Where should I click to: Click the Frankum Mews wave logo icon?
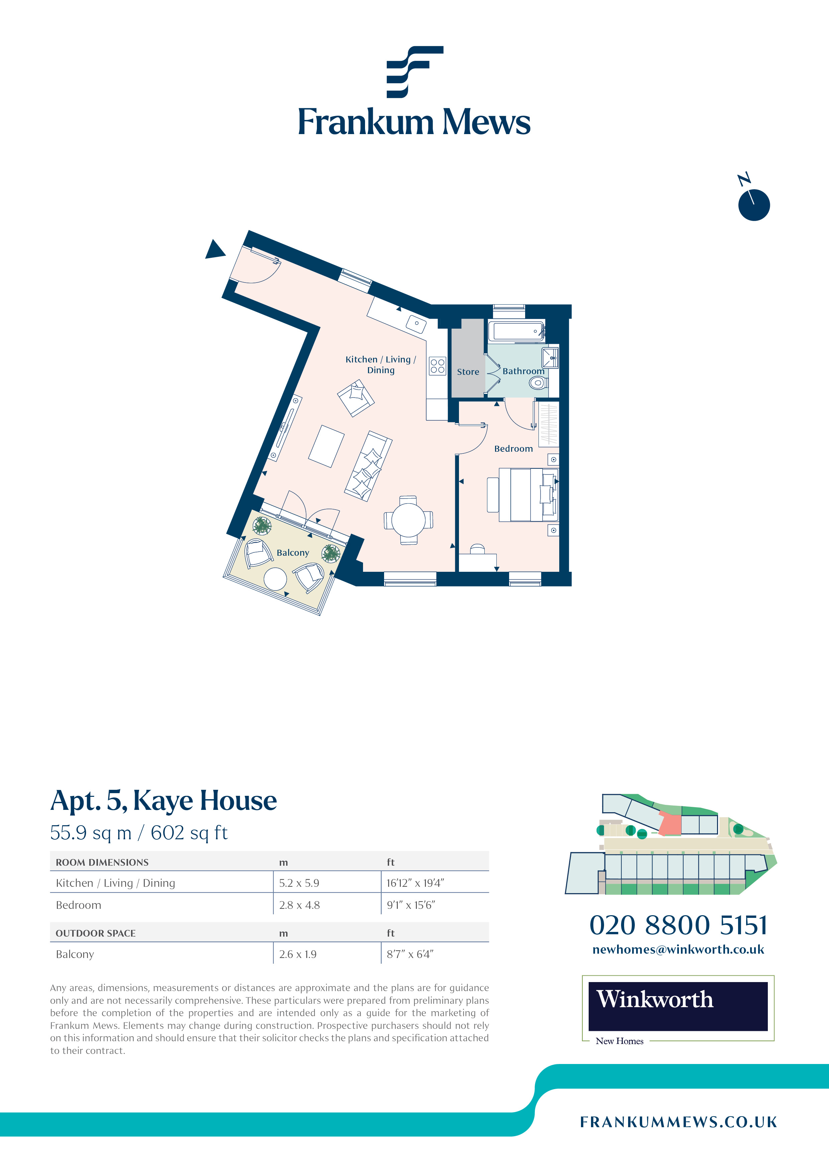pos(414,72)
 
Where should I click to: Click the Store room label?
pos(467,372)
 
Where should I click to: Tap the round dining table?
pos(408,520)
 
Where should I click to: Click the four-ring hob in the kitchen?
pos(437,366)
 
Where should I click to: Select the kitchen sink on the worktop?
pos(416,323)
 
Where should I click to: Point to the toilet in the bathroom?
pos(538,383)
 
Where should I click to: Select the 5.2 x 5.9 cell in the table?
pos(299,883)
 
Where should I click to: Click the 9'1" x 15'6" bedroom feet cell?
pos(411,905)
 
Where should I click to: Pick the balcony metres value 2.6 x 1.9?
pos(298,954)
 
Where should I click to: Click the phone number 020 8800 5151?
pos(678,925)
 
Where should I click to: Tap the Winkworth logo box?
pos(678,1006)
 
